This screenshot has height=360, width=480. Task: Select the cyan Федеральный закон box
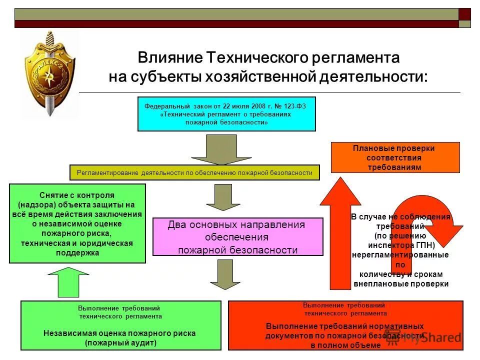coord(226,114)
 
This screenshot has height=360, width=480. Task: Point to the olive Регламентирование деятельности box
coord(194,172)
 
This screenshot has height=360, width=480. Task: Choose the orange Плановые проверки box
coord(395,157)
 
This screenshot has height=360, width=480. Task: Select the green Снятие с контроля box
coord(77,223)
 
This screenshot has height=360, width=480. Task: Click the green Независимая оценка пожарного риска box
coord(120,325)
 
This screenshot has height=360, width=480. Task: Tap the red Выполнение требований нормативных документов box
coord(345,325)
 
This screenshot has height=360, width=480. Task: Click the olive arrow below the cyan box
coord(214,149)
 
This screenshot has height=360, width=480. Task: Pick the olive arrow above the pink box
coord(216,197)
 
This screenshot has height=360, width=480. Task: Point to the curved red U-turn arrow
coord(425,215)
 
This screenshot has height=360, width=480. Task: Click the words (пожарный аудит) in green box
coord(120,342)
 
